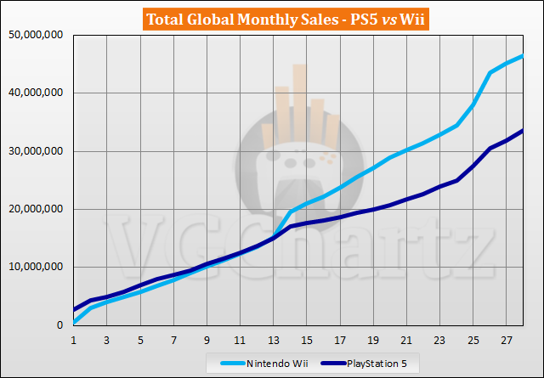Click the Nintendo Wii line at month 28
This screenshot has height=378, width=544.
522,56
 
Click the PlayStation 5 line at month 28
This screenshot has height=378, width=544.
522,131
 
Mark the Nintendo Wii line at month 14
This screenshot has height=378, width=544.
290,212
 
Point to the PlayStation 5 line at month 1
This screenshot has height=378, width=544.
74,309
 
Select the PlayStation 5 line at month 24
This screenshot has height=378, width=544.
456,180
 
